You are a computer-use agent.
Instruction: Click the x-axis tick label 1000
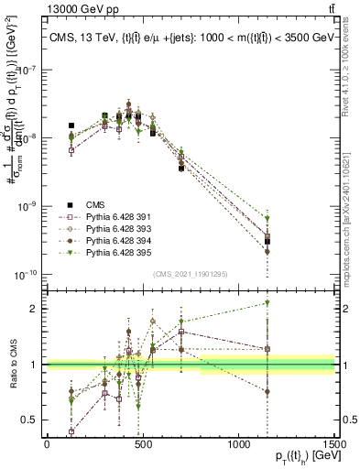tap(238, 443)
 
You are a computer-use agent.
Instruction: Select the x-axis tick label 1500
tap(334, 443)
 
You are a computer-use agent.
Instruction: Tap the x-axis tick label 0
tap(47, 443)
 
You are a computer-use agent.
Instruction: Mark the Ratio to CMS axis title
tap(11, 364)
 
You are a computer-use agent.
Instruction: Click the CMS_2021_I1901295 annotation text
tap(191, 275)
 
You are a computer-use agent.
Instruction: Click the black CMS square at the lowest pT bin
tap(71, 125)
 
